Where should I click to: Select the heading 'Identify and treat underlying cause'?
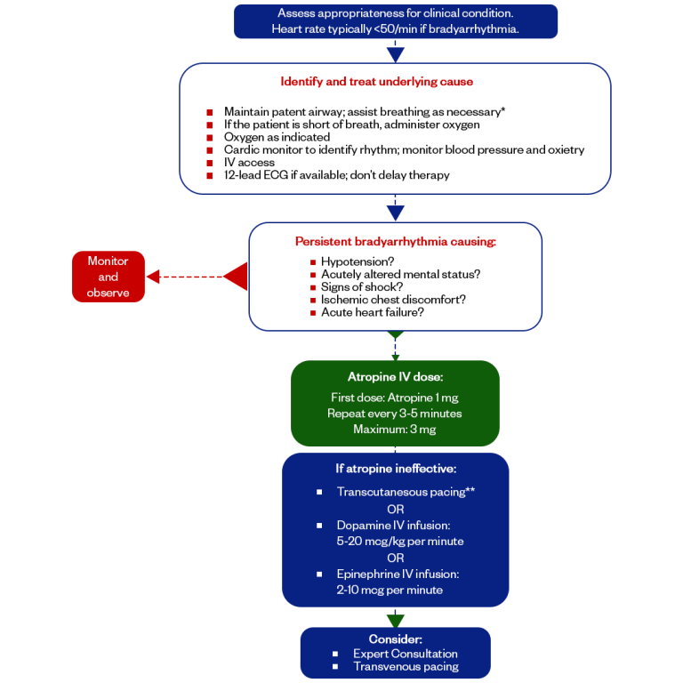click(x=376, y=82)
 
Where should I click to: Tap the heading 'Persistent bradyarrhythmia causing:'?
click(x=395, y=241)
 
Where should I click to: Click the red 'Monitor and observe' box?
click(x=108, y=277)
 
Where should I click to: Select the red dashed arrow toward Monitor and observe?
click(x=191, y=277)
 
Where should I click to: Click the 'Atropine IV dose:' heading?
click(x=395, y=376)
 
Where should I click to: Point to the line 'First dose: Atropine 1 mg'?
click(x=395, y=398)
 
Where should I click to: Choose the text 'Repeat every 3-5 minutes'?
click(x=395, y=414)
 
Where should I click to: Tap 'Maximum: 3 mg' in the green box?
click(x=395, y=430)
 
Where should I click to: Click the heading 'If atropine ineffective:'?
click(x=395, y=469)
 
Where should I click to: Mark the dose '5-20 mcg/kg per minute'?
click(x=399, y=541)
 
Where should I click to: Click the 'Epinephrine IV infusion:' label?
click(x=398, y=574)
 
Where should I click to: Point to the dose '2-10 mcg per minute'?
click(x=390, y=590)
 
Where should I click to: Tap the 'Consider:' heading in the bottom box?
click(x=395, y=639)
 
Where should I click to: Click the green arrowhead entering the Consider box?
click(x=396, y=620)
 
